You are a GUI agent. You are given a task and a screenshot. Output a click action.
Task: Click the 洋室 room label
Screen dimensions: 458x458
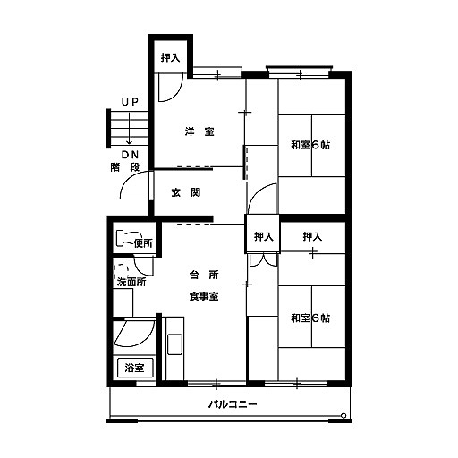199,131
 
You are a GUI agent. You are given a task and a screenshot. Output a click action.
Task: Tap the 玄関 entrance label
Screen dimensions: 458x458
186,192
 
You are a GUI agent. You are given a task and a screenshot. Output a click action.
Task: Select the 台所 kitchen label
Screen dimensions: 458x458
204,275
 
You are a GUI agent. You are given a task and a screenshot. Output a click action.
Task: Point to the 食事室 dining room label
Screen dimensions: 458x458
204,296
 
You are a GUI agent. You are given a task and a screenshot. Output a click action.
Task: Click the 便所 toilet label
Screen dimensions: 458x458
143,243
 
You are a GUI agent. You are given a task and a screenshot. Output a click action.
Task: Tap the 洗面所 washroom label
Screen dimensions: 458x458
131,282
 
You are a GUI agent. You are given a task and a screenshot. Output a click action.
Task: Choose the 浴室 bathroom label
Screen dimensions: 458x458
134,368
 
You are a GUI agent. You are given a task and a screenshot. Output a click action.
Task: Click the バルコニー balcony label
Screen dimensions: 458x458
233,404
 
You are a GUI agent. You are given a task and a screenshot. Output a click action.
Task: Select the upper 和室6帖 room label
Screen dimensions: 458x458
310,145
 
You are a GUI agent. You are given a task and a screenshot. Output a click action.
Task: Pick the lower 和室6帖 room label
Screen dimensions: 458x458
310,318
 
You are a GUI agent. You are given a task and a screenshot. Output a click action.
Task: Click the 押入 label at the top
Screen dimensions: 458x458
171,57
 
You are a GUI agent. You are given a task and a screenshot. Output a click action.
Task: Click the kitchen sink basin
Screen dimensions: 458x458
174,344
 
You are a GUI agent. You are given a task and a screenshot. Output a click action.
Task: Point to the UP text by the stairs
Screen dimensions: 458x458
130,102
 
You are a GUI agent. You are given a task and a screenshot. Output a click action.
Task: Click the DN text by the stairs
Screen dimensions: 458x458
131,155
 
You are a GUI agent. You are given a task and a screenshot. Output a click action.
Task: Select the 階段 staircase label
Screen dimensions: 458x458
125,167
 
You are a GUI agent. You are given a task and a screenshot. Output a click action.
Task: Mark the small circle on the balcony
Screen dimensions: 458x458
343,415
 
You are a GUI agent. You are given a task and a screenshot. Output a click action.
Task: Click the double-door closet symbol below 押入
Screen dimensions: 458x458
264,259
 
